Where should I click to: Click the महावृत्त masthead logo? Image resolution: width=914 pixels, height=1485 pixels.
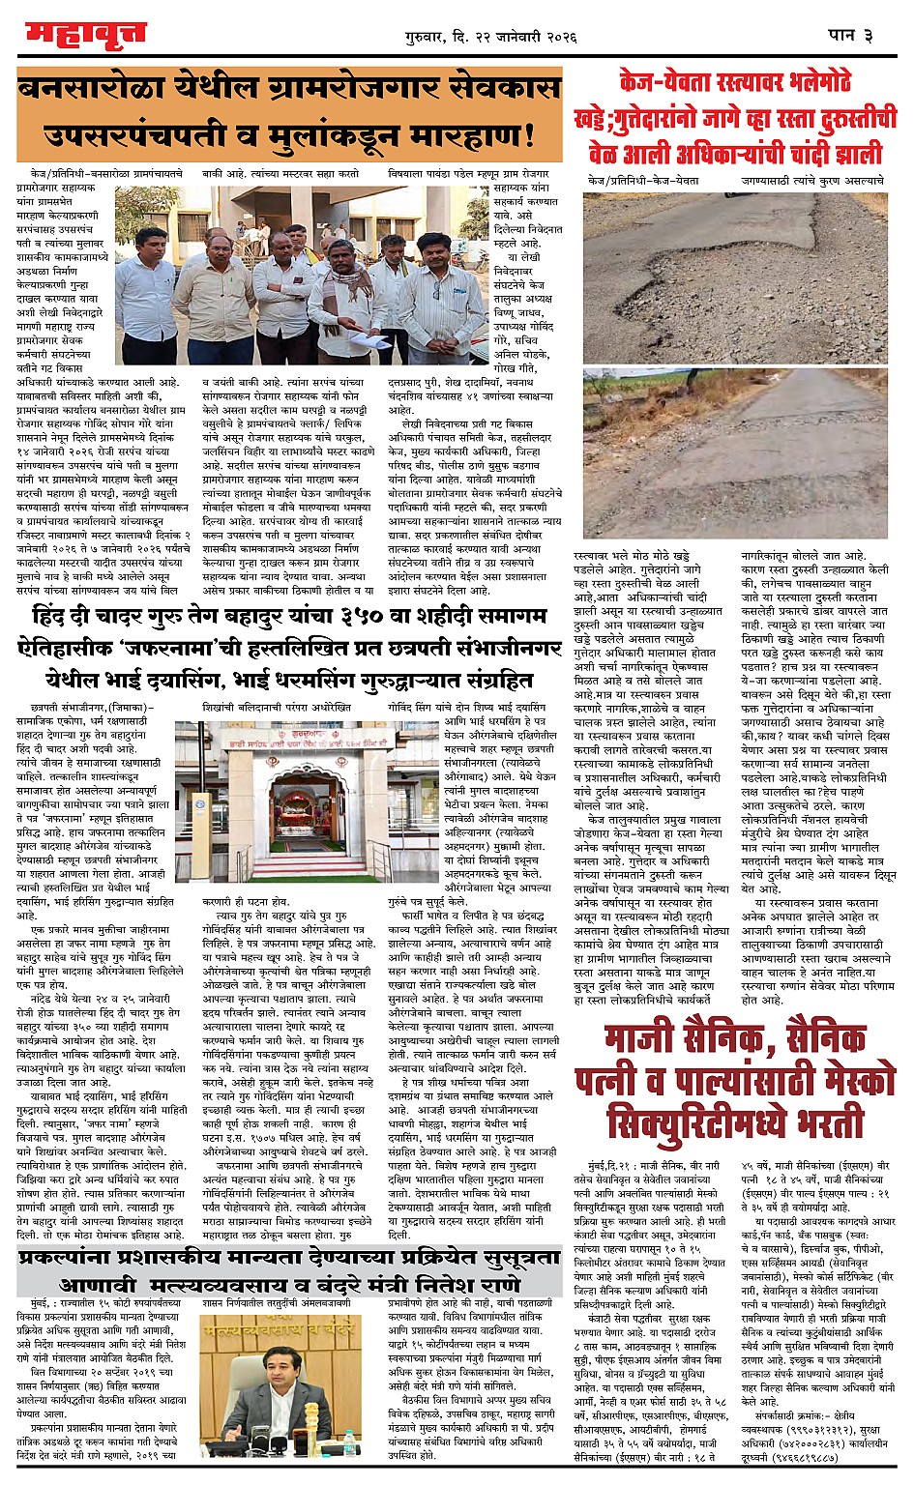85,34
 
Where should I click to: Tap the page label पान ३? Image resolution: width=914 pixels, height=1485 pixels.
850,35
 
